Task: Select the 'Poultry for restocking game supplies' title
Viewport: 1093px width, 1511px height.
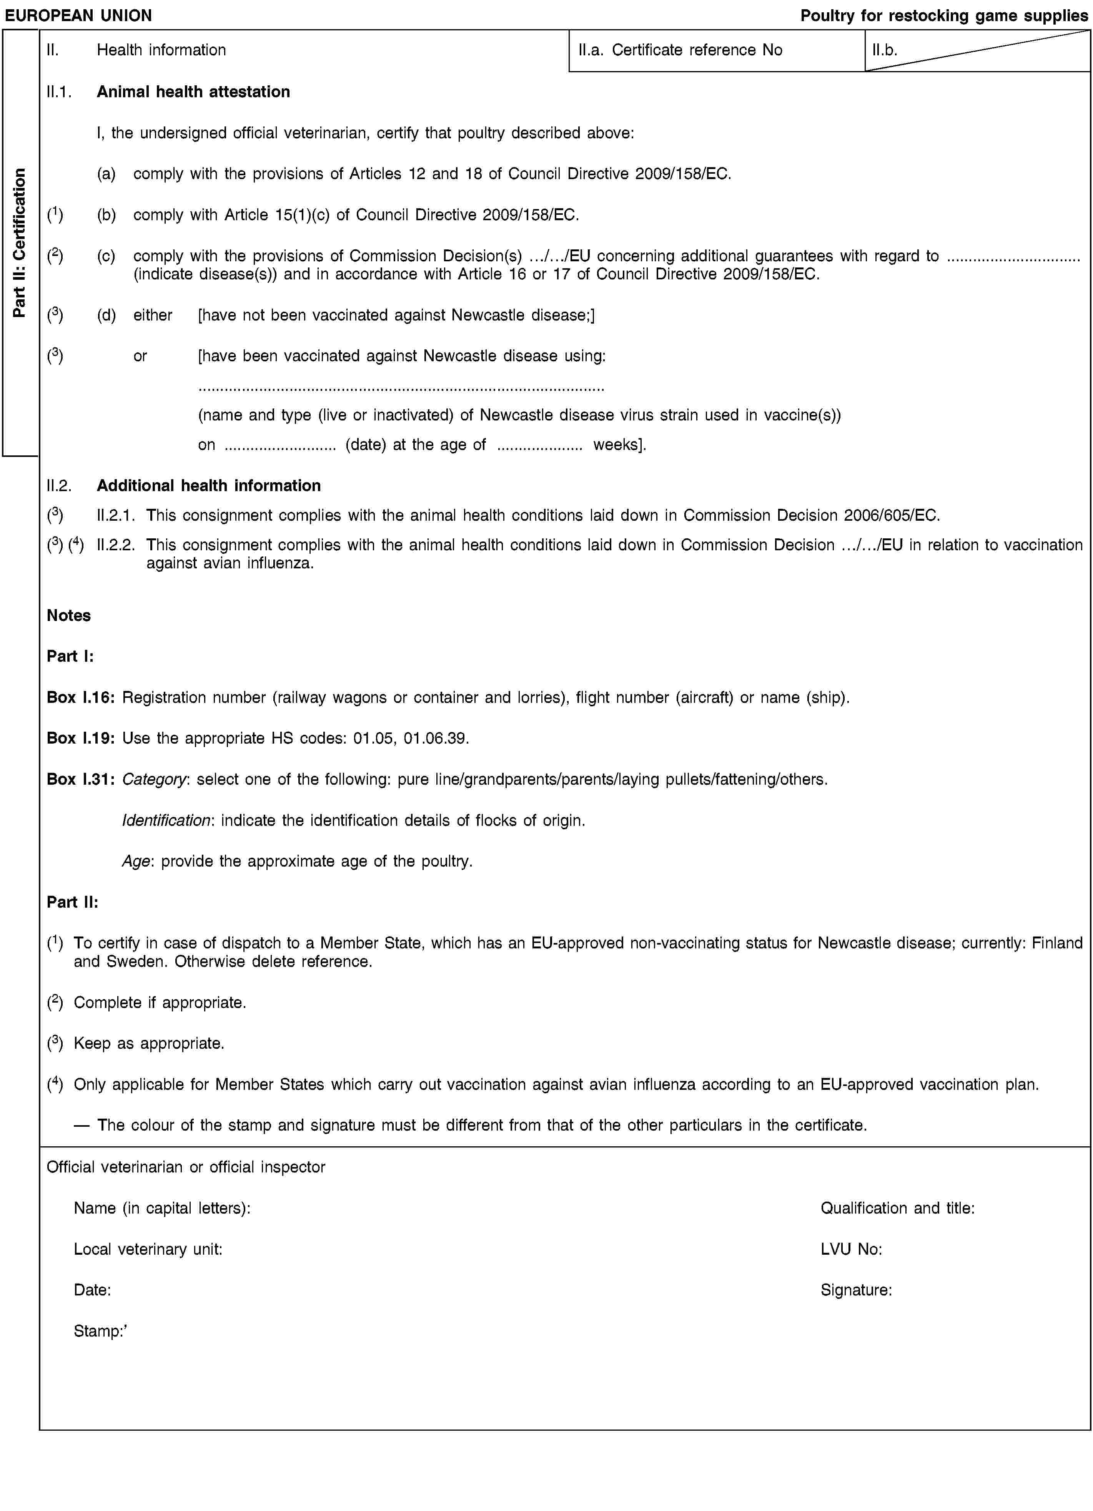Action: [x=944, y=15]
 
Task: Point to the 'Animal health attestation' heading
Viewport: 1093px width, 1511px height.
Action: [x=193, y=92]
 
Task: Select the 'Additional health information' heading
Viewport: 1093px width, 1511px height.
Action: [x=209, y=486]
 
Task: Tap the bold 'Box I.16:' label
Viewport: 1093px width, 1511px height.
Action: [x=81, y=697]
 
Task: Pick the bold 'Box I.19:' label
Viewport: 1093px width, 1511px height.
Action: [x=81, y=738]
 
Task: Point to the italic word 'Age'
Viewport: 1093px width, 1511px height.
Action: [x=136, y=862]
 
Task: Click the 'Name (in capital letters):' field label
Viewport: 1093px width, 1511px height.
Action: [x=162, y=1208]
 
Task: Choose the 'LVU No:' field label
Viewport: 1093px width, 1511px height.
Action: [x=851, y=1249]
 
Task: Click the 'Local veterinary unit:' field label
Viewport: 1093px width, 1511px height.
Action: [x=148, y=1249]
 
